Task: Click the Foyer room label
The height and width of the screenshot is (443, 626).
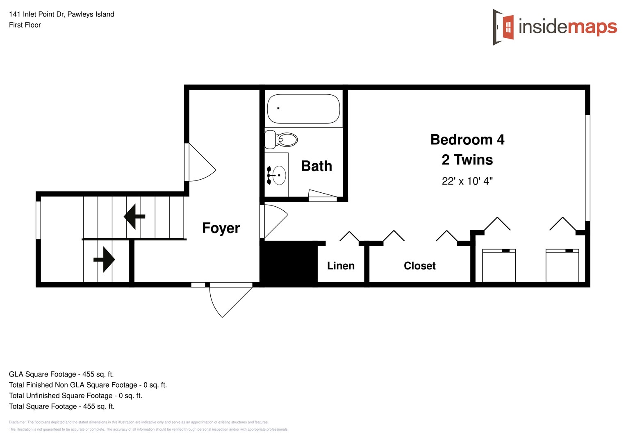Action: [x=221, y=228]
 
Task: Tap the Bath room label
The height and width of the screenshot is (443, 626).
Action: [x=316, y=166]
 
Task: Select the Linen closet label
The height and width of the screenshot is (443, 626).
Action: [x=341, y=266]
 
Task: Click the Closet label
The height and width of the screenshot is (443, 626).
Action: [x=419, y=266]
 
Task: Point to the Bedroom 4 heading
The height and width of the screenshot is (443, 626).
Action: [x=467, y=140]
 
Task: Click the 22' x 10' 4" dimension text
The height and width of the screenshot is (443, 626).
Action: [x=467, y=181]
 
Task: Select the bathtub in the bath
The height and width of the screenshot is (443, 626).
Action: [x=303, y=109]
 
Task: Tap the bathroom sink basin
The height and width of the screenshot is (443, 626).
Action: [x=279, y=175]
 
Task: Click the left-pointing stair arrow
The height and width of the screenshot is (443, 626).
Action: [x=134, y=216]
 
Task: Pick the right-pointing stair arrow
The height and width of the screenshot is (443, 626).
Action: [x=105, y=259]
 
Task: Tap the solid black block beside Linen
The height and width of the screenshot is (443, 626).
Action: [x=289, y=263]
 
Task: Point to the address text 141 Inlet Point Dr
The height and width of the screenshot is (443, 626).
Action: [x=61, y=14]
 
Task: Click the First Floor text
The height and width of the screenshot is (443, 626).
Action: [x=25, y=25]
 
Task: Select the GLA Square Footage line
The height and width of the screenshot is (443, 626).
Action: [x=61, y=374]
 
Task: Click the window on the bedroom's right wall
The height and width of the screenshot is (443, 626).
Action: [x=587, y=168]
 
